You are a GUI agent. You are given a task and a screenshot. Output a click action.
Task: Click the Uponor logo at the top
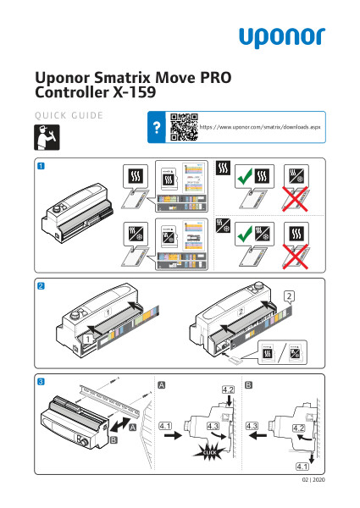click(280, 37)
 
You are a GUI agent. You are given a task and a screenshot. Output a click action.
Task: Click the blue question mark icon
click(156, 128)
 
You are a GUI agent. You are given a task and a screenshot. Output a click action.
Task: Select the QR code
click(183, 128)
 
